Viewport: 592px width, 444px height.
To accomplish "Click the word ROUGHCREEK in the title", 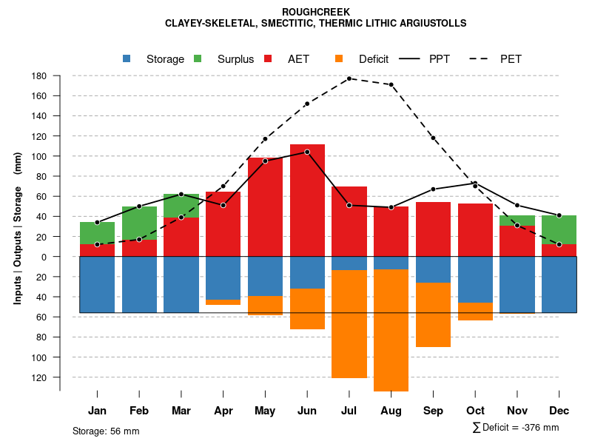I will click(x=316, y=12).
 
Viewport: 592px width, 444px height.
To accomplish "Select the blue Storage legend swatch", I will click(x=127, y=59).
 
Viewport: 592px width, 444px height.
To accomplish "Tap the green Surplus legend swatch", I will click(x=198, y=59).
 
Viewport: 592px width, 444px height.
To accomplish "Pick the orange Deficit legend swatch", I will click(x=339, y=59).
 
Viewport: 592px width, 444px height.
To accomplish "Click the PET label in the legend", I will click(x=511, y=59).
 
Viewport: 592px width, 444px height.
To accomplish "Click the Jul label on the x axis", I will click(x=349, y=411).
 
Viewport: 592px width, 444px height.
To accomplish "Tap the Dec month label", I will click(x=559, y=411).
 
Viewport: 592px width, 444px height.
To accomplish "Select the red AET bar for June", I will click(x=307, y=200).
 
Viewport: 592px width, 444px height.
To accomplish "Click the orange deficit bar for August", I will click(x=391, y=330).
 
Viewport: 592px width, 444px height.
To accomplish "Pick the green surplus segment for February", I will click(x=139, y=223).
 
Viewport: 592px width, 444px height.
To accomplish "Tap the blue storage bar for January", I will click(x=97, y=284).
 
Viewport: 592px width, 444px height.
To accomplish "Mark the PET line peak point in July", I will click(x=349, y=78).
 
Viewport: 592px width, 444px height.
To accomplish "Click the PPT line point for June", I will click(x=307, y=152).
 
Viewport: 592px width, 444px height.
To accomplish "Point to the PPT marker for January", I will click(x=97, y=222).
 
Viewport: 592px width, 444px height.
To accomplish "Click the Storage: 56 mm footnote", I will click(x=106, y=431).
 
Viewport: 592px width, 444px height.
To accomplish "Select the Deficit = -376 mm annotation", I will click(x=516, y=428).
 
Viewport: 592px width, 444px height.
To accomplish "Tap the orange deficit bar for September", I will click(x=433, y=314).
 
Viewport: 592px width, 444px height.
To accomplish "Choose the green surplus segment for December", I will click(x=559, y=229).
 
